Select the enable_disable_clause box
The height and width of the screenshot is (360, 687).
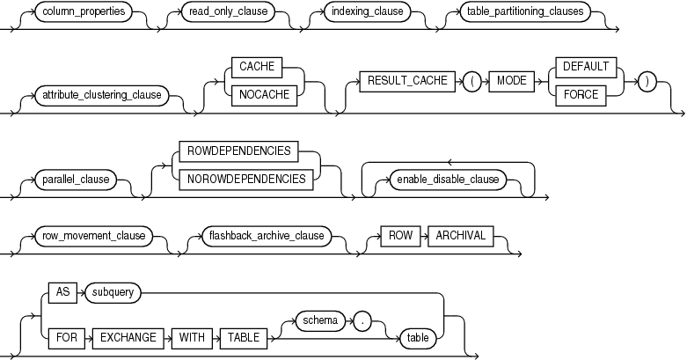[448, 179]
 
